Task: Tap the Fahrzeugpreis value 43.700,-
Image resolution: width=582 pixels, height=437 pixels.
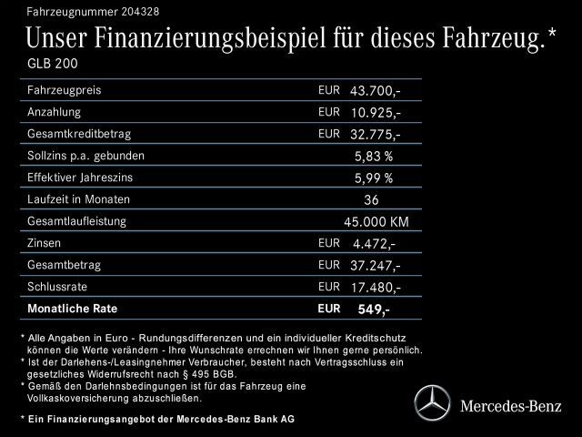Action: tap(375, 92)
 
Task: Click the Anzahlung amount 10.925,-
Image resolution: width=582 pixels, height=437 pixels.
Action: tap(375, 113)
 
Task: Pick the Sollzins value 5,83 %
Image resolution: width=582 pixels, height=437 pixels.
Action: tap(374, 156)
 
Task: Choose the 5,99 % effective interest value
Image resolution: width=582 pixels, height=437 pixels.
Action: tap(374, 178)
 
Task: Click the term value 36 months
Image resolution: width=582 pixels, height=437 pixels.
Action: tap(370, 199)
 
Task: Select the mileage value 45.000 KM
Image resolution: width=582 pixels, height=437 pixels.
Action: tap(375, 221)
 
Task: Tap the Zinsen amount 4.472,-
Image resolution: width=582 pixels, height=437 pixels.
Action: tap(373, 243)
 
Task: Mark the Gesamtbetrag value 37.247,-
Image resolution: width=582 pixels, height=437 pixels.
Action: tap(375, 265)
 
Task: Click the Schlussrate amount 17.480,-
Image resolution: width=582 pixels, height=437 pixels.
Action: tap(375, 287)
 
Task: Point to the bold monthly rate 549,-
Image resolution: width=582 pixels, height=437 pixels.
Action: tap(373, 310)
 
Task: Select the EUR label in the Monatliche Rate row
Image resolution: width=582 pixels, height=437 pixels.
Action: tap(328, 308)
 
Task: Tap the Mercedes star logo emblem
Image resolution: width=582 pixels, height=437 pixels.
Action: tap(434, 401)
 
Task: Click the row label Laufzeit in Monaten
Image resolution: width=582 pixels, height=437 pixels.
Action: tap(79, 199)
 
